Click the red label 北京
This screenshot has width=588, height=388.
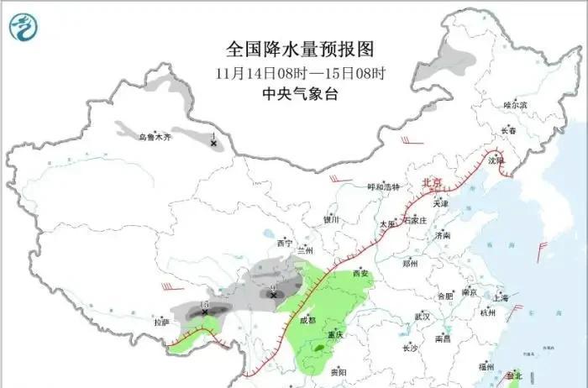tap(432, 182)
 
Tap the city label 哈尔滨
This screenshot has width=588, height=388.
tap(515, 105)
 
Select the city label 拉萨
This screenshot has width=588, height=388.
tap(161, 322)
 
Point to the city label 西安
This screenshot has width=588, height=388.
tap(360, 274)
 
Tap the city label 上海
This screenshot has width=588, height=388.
tap(501, 297)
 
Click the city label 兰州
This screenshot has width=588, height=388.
tap(304, 250)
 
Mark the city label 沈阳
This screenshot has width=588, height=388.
tap(496, 160)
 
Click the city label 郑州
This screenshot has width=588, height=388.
tap(410, 264)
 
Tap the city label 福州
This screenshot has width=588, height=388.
tap(486, 367)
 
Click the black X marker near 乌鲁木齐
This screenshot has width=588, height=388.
tap(213, 144)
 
